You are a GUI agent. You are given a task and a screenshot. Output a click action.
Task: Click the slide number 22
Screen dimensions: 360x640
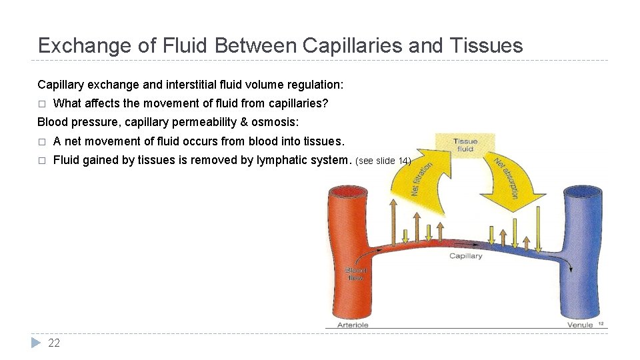pyautogui.click(x=54, y=343)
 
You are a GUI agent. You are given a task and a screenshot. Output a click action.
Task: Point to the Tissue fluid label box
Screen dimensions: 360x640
pyautogui.click(x=465, y=145)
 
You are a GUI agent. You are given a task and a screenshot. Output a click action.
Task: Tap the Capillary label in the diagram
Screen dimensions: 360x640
pyautogui.click(x=465, y=256)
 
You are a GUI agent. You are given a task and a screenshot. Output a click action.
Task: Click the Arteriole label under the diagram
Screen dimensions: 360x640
pyautogui.click(x=353, y=325)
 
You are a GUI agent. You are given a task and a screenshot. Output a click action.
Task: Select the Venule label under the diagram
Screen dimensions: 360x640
pyautogui.click(x=579, y=325)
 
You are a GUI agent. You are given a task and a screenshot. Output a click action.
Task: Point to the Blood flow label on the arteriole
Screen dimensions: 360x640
pyautogui.click(x=355, y=273)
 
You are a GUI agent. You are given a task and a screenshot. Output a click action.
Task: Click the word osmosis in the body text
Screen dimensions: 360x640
pyautogui.click(x=273, y=122)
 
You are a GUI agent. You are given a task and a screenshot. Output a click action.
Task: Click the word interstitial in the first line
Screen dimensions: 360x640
pyautogui.click(x=181, y=85)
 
